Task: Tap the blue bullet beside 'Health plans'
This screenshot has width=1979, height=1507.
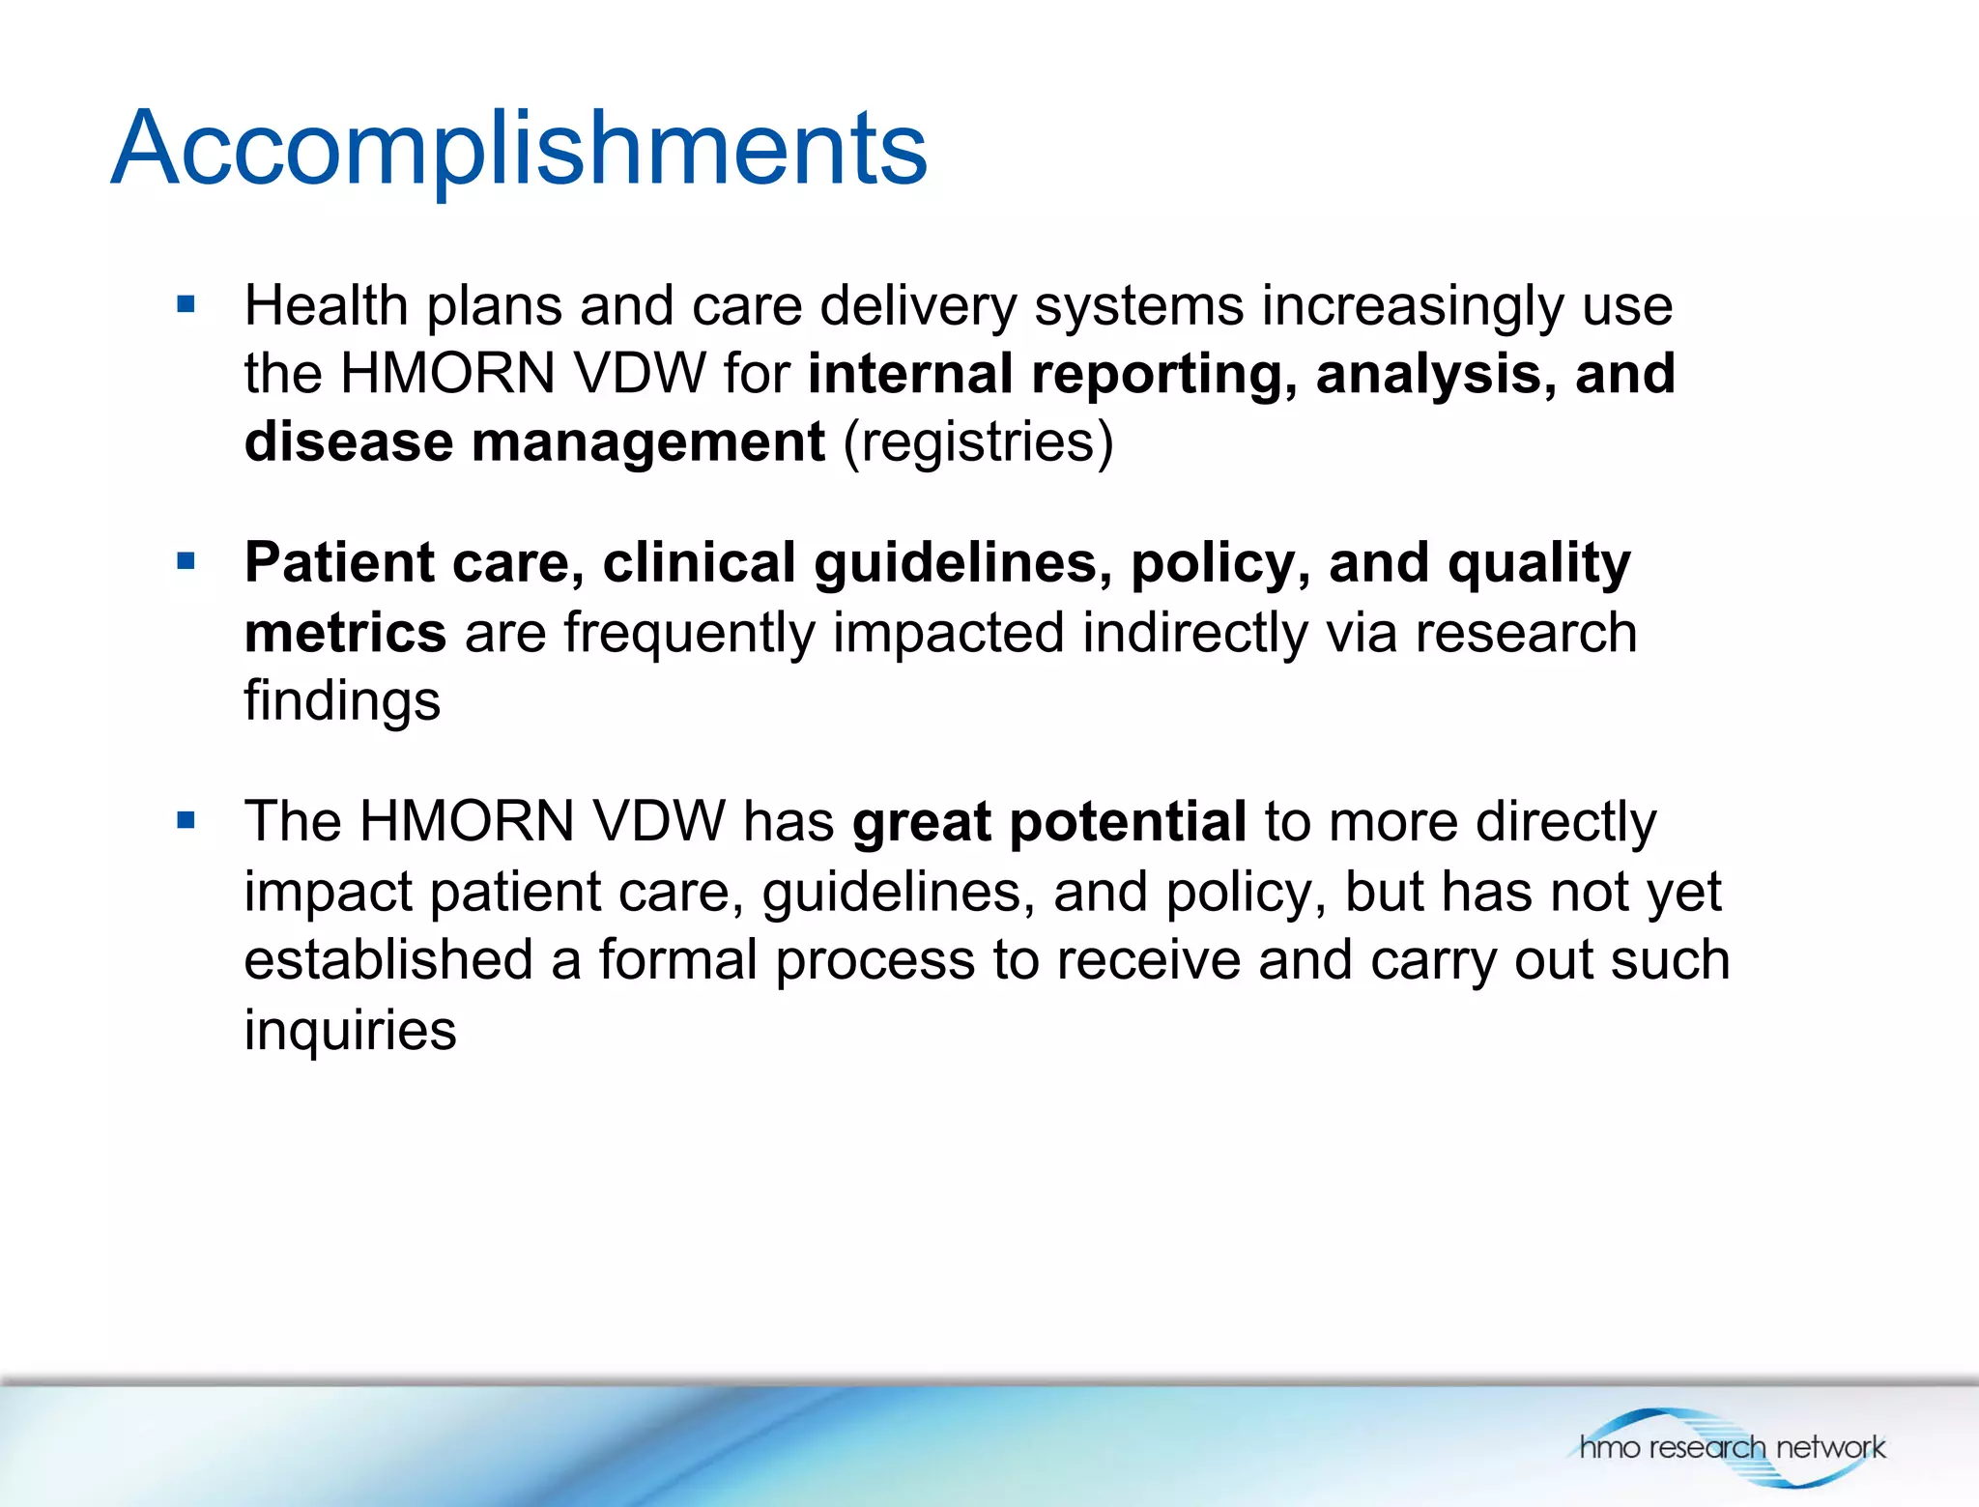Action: pyautogui.click(x=186, y=306)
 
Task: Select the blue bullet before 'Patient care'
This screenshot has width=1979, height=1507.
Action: pyautogui.click(x=186, y=561)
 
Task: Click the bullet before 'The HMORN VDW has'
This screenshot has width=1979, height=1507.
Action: pyautogui.click(x=186, y=821)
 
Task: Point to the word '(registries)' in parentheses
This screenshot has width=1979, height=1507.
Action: pyautogui.click(x=978, y=441)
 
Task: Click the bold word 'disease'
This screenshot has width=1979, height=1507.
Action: pyautogui.click(x=348, y=441)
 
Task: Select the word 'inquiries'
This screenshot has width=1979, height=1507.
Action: pyautogui.click(x=350, y=1030)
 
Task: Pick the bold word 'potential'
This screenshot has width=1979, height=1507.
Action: pyautogui.click(x=1128, y=822)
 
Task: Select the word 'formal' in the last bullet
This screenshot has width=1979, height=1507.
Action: pyautogui.click(x=677, y=960)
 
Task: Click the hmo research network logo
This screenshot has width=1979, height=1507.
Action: pyautogui.click(x=1731, y=1446)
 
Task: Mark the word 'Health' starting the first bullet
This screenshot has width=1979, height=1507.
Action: pyautogui.click(x=326, y=306)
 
